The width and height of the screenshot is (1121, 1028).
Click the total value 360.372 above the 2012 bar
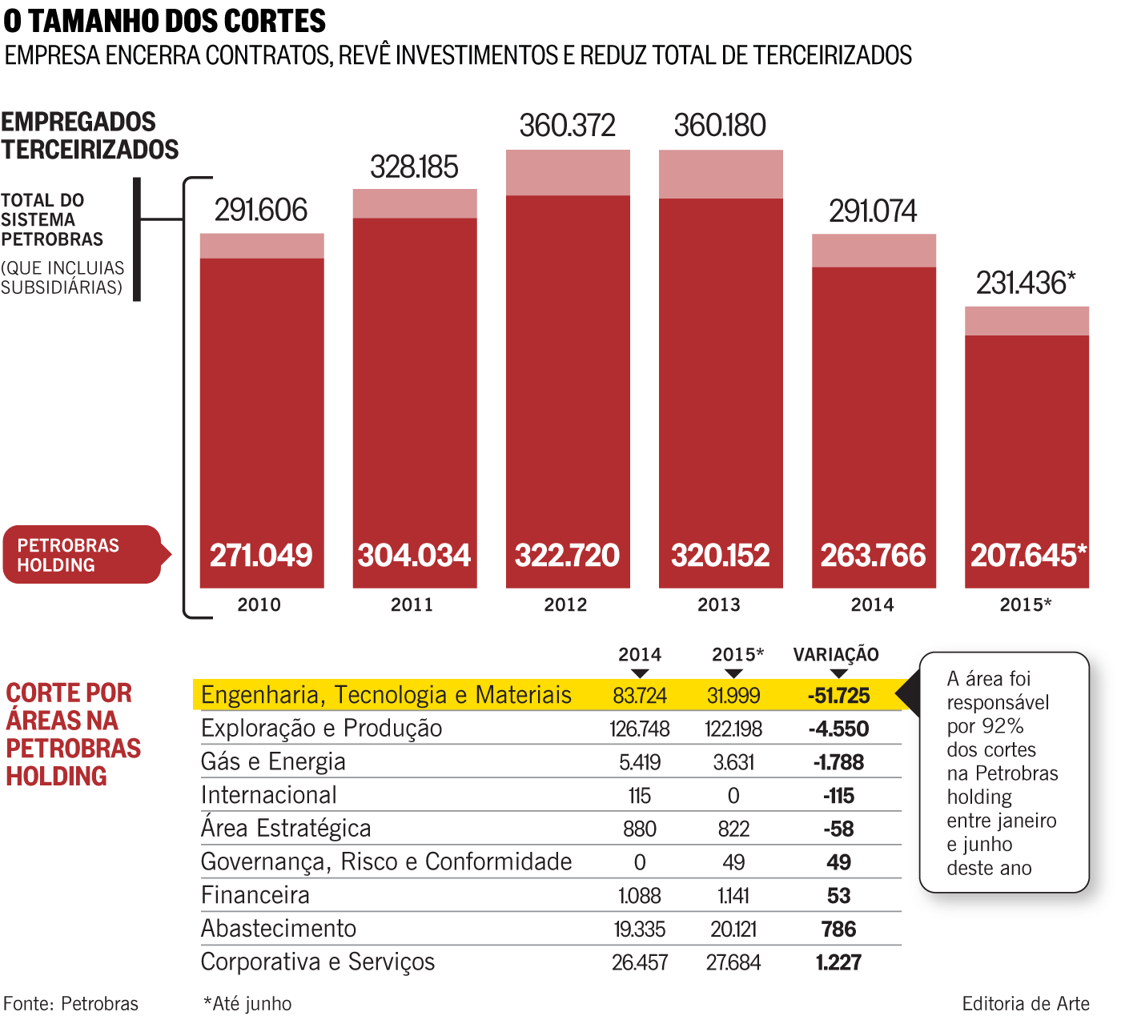pos(567,126)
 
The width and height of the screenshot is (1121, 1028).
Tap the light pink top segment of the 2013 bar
pos(721,174)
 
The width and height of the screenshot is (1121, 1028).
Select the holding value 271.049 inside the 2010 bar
pos(261,555)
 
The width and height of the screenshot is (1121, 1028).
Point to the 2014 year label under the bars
pos(872,605)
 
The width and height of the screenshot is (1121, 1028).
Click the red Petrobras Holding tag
pos(82,555)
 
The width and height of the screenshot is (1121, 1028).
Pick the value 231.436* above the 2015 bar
pos(1025,283)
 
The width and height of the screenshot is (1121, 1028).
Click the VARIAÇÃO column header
pos(836,655)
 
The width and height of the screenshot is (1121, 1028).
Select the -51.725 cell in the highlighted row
pos(838,696)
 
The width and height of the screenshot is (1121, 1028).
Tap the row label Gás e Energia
pos(273,761)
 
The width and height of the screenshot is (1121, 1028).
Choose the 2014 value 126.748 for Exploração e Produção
pos(639,729)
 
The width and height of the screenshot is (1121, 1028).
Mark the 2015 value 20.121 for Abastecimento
pos(733,930)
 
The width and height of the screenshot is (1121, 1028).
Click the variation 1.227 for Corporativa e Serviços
pos(838,962)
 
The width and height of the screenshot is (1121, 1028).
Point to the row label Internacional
pos(269,795)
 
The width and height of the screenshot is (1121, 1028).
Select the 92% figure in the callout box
pos(1003,726)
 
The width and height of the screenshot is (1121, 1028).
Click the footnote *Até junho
pos(247,1004)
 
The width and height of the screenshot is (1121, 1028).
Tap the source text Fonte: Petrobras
pos(70,1004)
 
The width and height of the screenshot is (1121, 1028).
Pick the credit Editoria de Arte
pos(1025,1004)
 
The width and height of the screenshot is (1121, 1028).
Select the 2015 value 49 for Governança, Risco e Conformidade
pos(733,862)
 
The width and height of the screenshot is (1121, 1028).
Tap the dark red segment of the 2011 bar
pos(415,384)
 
